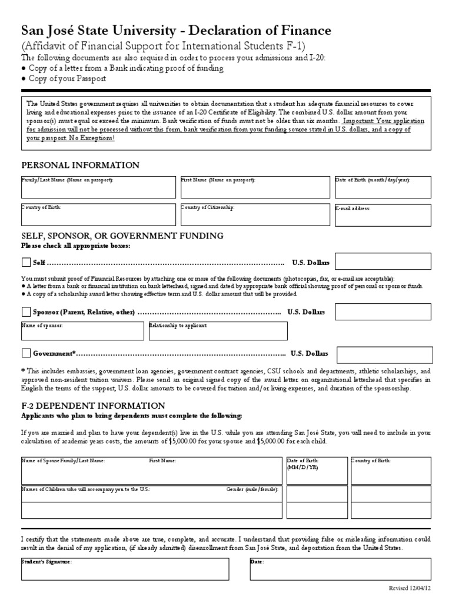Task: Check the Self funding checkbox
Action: [26, 262]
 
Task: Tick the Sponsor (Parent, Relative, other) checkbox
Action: [26, 312]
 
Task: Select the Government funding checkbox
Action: [26, 353]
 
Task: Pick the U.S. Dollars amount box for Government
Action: [384, 354]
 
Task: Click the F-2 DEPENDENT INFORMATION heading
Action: [93, 406]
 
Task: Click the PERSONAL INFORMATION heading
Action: [81, 165]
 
